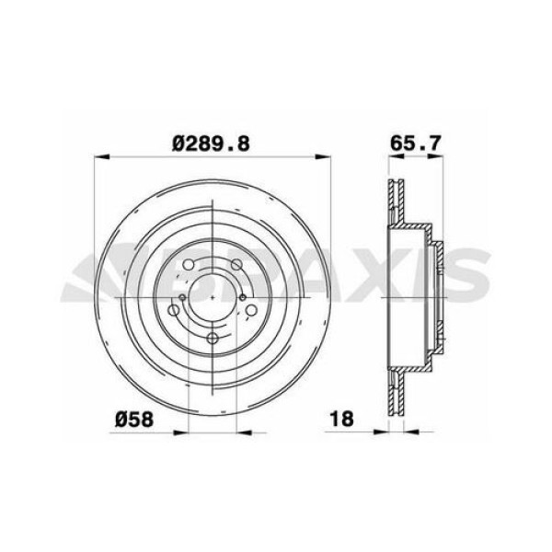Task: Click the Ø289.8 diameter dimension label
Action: tap(212, 143)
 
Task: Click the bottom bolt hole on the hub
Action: tap(213, 339)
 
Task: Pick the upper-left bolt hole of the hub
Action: tap(188, 266)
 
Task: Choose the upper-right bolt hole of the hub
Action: tap(236, 266)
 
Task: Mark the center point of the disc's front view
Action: tap(213, 296)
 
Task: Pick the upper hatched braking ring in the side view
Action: tap(396, 198)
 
